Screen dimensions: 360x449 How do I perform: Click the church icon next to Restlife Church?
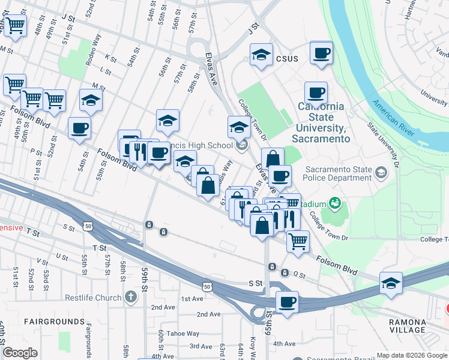131,298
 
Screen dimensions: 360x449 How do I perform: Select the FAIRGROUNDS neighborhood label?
55,322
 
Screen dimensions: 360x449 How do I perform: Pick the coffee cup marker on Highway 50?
287,302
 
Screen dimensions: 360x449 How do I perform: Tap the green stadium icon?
334,204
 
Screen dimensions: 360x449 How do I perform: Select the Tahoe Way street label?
183,334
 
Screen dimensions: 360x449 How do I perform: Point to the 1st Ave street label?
192,299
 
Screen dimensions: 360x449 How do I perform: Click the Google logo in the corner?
20,353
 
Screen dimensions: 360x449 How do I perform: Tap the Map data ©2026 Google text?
412,355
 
